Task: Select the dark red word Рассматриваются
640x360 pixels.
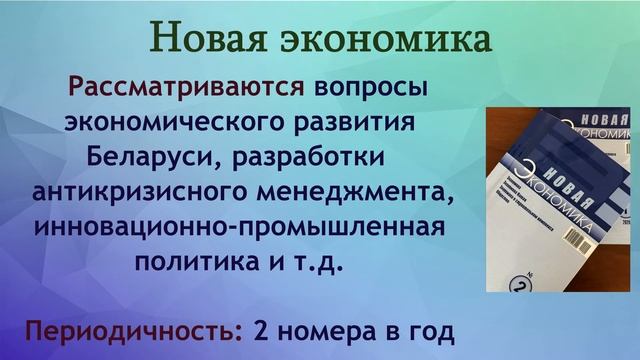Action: tap(185, 86)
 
